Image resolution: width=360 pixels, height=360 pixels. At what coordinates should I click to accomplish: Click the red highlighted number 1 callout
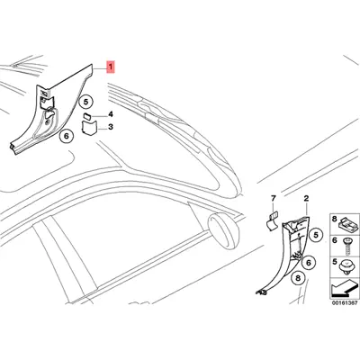(111, 67)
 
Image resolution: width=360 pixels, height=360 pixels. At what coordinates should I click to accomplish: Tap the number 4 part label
(111, 114)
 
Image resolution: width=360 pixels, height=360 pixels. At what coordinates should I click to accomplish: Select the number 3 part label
(111, 127)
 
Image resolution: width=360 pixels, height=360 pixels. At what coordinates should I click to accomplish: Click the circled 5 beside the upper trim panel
(85, 103)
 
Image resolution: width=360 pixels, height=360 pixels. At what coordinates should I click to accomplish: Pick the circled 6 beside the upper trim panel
(67, 136)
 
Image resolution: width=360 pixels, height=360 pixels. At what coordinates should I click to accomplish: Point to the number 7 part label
(273, 198)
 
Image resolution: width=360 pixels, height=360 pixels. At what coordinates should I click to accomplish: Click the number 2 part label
(306, 198)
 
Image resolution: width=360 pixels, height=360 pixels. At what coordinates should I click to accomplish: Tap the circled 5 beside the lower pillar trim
(316, 236)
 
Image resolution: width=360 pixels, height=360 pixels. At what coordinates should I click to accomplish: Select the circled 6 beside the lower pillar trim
(309, 263)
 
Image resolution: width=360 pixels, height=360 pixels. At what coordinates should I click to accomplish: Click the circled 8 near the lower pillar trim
(298, 278)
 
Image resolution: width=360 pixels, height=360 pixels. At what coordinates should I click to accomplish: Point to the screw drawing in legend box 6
(348, 246)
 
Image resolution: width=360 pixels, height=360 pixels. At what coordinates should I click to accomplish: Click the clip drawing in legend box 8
(347, 224)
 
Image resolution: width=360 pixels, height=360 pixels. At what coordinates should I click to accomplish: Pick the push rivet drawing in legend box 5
(348, 268)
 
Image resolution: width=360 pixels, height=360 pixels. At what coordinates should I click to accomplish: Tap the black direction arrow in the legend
(345, 287)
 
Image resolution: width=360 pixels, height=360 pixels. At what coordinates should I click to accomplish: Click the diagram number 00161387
(345, 302)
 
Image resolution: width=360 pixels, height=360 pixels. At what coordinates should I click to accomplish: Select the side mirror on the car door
(221, 229)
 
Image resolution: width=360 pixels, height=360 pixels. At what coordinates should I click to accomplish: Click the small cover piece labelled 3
(89, 127)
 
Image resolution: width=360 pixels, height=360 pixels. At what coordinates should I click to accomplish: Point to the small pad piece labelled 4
(89, 116)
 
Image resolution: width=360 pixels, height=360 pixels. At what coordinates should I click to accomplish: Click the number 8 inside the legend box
(335, 219)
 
